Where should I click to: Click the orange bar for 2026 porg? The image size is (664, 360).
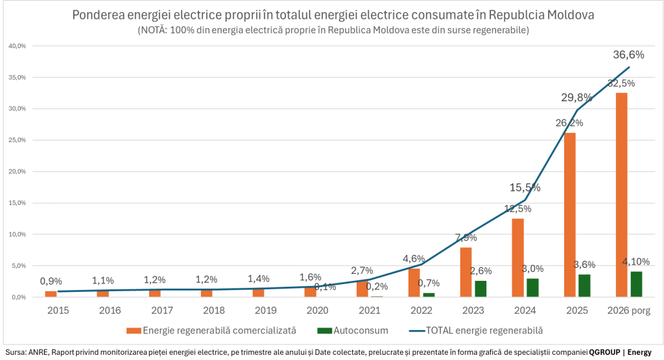coord(621,195)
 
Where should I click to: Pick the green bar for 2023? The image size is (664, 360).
coord(480,289)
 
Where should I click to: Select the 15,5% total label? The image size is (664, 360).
coord(525,187)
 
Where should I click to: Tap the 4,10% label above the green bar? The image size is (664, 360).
coord(636,261)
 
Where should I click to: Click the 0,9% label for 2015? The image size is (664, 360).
coord(51,282)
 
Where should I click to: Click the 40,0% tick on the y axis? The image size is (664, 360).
coord(17,46)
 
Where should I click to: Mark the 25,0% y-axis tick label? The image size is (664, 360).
coord(17,140)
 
